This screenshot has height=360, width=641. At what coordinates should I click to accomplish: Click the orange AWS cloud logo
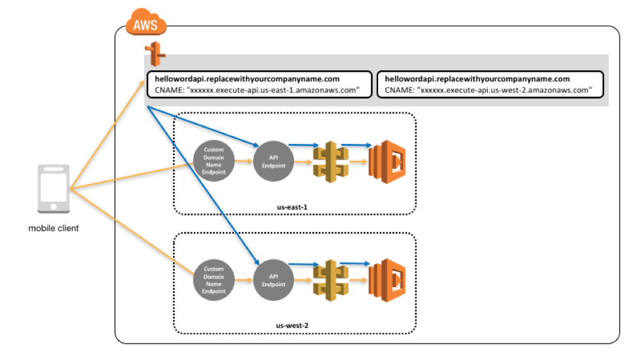(x=146, y=22)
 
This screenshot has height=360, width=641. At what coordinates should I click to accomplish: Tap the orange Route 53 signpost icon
(x=155, y=54)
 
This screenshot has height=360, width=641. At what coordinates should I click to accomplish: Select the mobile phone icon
(x=53, y=189)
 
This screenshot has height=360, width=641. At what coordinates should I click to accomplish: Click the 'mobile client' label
(x=53, y=229)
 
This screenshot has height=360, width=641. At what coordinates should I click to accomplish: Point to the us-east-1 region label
(x=292, y=207)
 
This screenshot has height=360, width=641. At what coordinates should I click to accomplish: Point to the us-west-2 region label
(x=292, y=326)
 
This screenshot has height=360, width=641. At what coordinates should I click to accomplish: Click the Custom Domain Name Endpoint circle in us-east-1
(x=214, y=161)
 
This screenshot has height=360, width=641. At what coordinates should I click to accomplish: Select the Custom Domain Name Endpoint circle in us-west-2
(x=214, y=281)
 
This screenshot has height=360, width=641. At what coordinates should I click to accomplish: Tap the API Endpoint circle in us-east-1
(x=273, y=162)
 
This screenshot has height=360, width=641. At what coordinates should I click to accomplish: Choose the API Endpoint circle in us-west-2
(x=273, y=281)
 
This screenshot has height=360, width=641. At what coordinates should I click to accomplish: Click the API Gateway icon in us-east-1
(x=331, y=162)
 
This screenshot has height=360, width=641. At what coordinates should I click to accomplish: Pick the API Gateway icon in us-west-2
(x=331, y=281)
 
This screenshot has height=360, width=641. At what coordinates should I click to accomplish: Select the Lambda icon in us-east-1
(x=387, y=162)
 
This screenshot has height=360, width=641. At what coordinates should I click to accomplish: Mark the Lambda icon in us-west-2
(x=387, y=281)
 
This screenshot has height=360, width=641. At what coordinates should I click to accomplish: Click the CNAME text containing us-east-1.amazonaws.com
(x=257, y=90)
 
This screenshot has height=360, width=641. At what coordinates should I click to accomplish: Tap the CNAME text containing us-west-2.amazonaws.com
(x=488, y=90)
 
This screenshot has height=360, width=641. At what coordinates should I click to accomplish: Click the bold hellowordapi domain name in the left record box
(x=247, y=79)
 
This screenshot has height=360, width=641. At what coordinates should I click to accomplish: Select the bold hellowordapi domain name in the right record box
(x=477, y=79)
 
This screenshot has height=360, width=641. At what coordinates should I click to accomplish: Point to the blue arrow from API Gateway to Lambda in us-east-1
(x=356, y=145)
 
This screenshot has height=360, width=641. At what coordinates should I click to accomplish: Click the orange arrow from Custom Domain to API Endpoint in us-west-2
(x=244, y=280)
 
